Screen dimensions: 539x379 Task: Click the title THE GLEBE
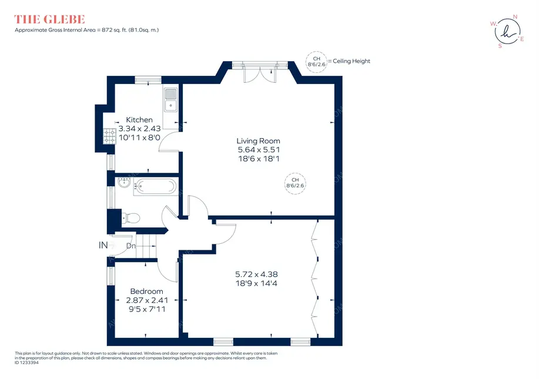pyautogui.click(x=49, y=19)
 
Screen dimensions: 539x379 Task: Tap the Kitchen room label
pyautogui.click(x=139, y=120)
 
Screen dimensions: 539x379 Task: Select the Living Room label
pyautogui.click(x=258, y=141)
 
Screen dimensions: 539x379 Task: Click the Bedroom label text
pyautogui.click(x=146, y=291)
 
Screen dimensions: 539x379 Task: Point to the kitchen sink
pyautogui.click(x=171, y=100)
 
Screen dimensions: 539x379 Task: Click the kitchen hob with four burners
pyautogui.click(x=110, y=136)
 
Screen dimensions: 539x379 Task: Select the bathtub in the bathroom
pyautogui.click(x=155, y=187)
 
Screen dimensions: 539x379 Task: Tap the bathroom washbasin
pyautogui.click(x=123, y=183)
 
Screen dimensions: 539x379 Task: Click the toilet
pyautogui.click(x=130, y=218)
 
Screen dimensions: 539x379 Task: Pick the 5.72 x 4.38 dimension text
pyautogui.click(x=256, y=274)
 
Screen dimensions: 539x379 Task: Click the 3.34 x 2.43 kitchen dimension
pyautogui.click(x=139, y=129)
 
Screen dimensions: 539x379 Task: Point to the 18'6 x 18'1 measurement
pyautogui.click(x=259, y=159)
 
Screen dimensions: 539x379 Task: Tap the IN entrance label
pyautogui.click(x=103, y=245)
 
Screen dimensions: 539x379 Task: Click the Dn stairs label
pyautogui.click(x=131, y=246)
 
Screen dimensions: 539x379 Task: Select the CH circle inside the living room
pyautogui.click(x=295, y=183)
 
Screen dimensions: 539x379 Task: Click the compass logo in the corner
pyautogui.click(x=507, y=32)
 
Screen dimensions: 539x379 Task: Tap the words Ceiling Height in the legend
pyautogui.click(x=351, y=61)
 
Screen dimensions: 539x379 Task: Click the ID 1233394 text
pyautogui.click(x=27, y=363)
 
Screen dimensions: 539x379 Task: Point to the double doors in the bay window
pyautogui.click(x=260, y=73)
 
